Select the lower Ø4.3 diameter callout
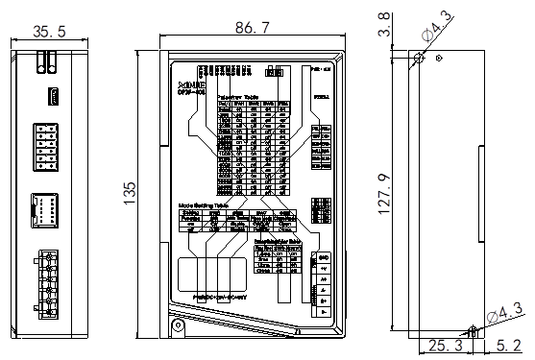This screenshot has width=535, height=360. click(504, 312)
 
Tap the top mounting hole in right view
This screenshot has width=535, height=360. click(418, 59)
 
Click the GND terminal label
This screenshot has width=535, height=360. click(324, 258)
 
